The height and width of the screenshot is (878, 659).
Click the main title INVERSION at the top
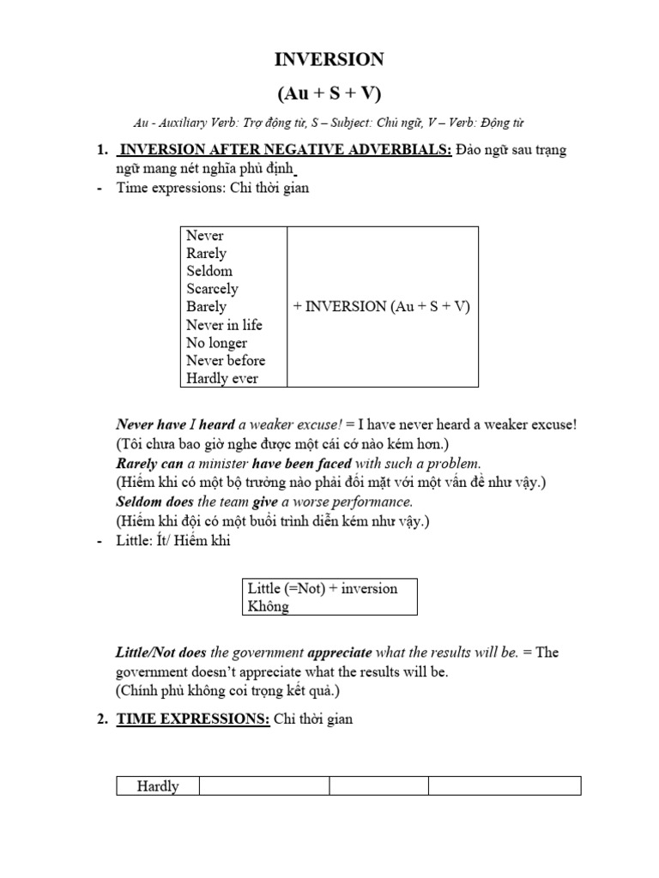pos(329,59)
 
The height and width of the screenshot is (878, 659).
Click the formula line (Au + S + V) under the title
pos(329,92)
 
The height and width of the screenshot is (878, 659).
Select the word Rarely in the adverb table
pos(206,253)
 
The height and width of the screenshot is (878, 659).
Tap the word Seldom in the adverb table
pos(209,271)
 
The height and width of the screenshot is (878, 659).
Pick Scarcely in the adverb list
pos(212,289)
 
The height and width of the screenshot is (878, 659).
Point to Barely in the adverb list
pos(206,307)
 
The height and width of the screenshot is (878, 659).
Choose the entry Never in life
pos(224,325)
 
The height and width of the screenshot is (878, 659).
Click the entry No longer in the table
pos(216,343)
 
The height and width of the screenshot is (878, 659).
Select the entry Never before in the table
pos(226,361)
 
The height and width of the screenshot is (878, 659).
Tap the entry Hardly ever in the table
pos(221,379)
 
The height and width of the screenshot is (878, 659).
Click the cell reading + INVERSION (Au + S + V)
pos(382,307)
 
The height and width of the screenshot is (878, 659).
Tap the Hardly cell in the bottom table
pos(158,786)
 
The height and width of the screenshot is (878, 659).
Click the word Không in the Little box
pos(268,606)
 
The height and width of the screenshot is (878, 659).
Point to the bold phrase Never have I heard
pos(175,424)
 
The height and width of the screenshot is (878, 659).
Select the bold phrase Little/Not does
pos(160,652)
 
